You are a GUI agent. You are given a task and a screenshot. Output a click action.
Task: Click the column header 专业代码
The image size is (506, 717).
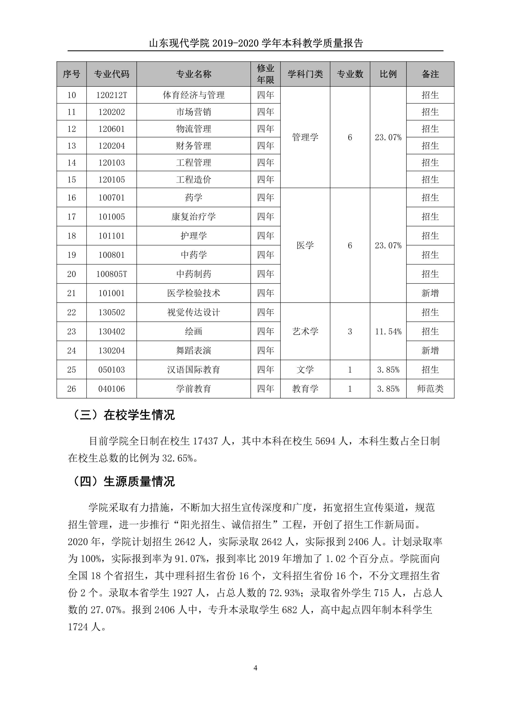(111, 74)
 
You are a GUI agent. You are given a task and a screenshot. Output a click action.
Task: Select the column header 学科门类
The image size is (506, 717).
(305, 74)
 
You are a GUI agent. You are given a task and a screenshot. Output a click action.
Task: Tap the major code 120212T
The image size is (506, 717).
(111, 95)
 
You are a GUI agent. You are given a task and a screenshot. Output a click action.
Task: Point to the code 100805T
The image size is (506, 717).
(111, 274)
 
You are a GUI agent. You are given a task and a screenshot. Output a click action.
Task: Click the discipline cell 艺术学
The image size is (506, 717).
(305, 331)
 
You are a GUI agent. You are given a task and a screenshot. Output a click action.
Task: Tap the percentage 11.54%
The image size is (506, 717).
(388, 331)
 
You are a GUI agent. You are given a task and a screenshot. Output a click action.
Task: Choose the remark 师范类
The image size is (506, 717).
(430, 389)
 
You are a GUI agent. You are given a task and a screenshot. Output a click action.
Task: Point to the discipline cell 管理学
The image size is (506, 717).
(305, 137)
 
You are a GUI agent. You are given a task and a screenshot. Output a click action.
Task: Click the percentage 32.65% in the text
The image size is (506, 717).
(177, 458)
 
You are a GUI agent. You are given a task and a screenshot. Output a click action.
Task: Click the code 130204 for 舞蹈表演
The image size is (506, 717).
(111, 350)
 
